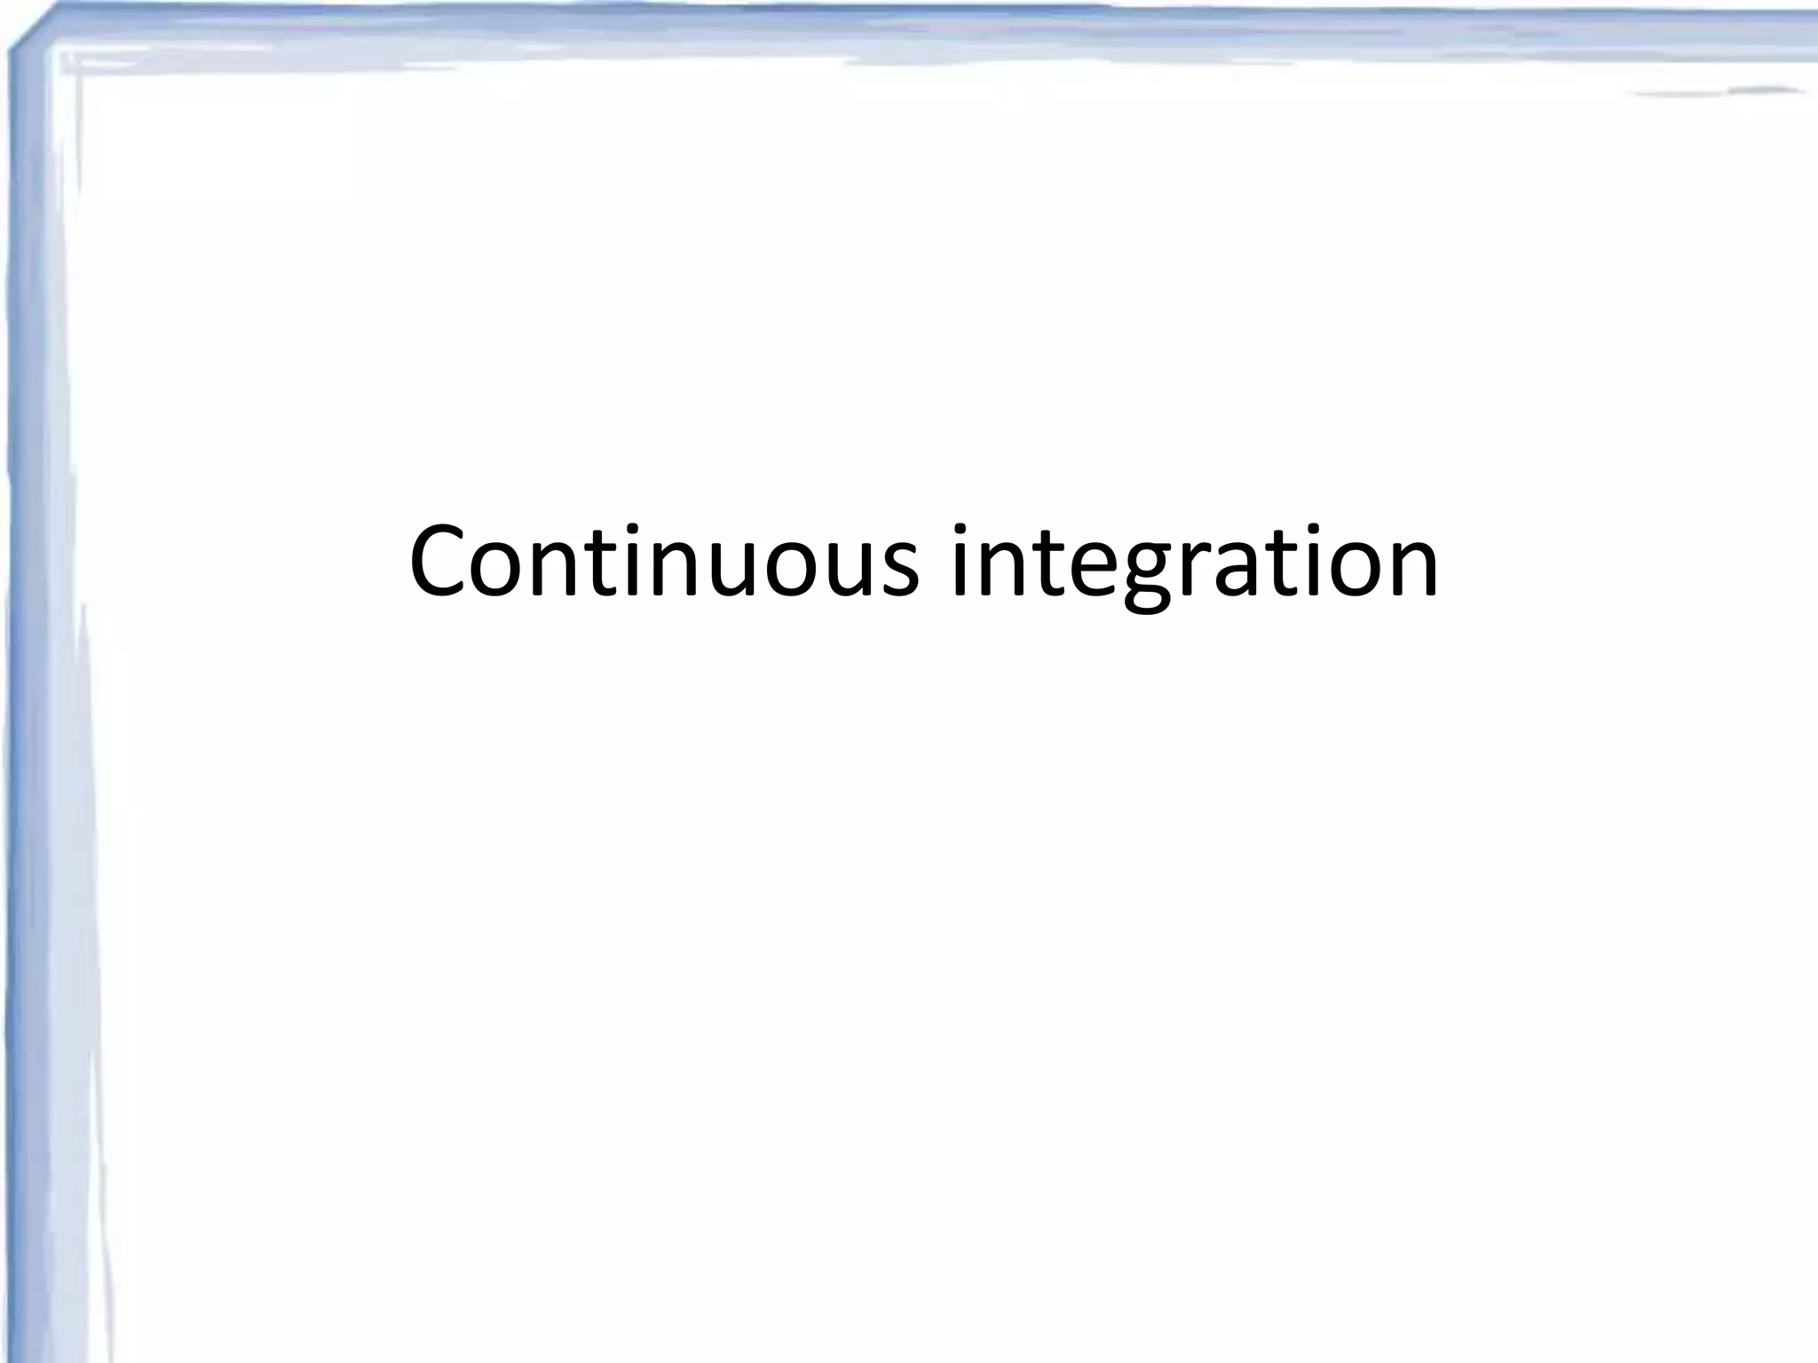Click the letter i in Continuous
pyautogui.click(x=636, y=562)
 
